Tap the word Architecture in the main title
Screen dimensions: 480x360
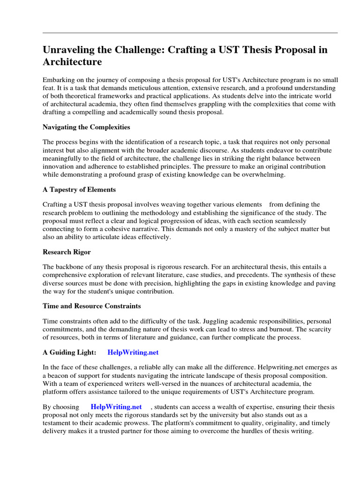tap(72, 62)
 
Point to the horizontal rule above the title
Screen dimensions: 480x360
tap(190, 33)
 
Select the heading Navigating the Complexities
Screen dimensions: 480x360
tap(86, 127)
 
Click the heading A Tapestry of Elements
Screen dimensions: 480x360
tap(79, 189)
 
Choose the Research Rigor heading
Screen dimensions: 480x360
tap(67, 252)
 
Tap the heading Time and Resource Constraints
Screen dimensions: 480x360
tap(91, 306)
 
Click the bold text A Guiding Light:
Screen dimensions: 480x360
tap(69, 352)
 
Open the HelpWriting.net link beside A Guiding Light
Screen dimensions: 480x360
tap(136, 352)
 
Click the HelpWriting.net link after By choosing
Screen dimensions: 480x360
tap(116, 406)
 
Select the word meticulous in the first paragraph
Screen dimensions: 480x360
tap(140, 88)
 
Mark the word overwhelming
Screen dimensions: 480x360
tap(263, 174)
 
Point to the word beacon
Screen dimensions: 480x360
tap(63, 375)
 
